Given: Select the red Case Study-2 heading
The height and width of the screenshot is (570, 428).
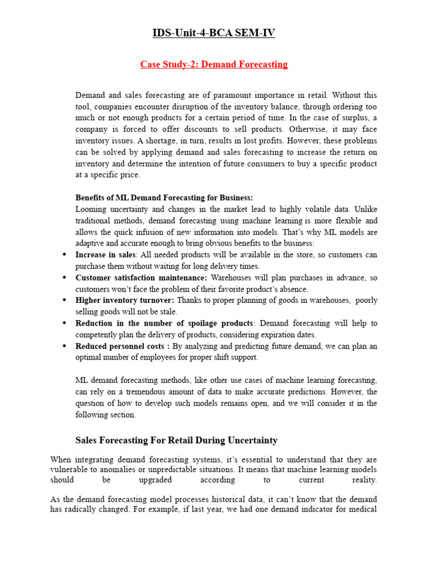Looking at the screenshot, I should (x=214, y=65).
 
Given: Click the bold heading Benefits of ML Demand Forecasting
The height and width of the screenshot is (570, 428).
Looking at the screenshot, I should (x=164, y=198).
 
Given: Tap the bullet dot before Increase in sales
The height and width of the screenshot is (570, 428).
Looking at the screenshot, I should (x=65, y=255).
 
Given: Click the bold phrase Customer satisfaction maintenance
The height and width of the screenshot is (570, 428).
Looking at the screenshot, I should (x=141, y=278).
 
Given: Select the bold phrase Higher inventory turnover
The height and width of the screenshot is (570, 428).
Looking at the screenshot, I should (x=125, y=301).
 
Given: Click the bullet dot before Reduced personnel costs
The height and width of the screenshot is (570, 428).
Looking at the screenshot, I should (x=65, y=346).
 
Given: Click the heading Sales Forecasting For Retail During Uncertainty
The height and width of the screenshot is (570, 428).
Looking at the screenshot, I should (x=176, y=440).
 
